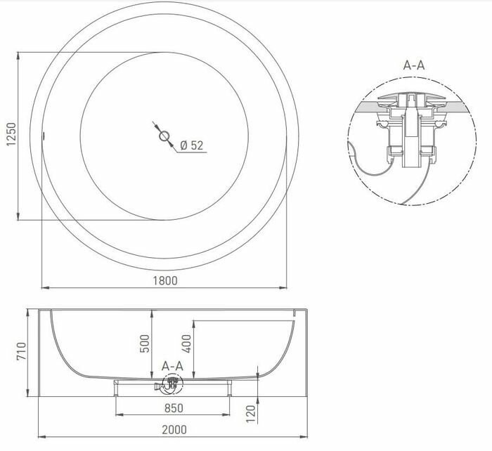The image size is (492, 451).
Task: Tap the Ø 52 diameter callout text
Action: (191, 145)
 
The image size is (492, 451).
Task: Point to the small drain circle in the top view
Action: (164, 136)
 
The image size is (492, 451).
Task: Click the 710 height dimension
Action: (20, 352)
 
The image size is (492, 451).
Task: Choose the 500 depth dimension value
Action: (145, 343)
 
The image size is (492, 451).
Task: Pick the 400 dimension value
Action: (185, 343)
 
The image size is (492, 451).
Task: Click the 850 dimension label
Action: (173, 408)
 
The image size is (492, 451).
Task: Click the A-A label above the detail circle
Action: (413, 65)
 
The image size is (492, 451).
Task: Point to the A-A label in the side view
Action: (172, 366)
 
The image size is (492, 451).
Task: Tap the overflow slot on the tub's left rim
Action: (44, 136)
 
